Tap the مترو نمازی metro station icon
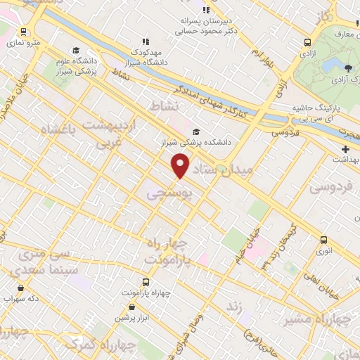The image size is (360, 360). pyautogui.click(x=25, y=32)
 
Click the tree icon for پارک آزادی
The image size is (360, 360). pyautogui.click(x=348, y=67)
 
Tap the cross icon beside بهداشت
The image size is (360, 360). pyautogui.click(x=345, y=150)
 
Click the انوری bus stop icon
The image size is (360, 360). pyautogui.click(x=323, y=240)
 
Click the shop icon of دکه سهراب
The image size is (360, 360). pyautogui.click(x=21, y=287)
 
